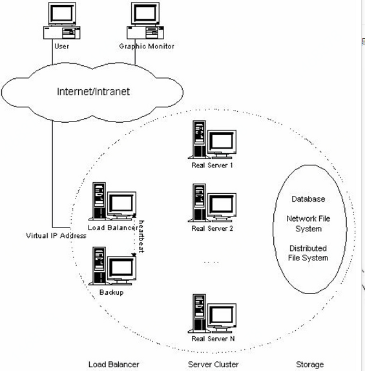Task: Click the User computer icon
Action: point(62,21)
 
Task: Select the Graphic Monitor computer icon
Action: point(145,21)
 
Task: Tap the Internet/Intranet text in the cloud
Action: point(93,92)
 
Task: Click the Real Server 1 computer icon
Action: point(212,140)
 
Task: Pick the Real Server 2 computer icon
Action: point(212,203)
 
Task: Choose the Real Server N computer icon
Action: point(212,313)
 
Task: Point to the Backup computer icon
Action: point(112,266)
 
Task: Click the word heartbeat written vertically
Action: point(141,237)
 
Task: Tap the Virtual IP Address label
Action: point(56,236)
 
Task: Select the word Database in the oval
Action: point(308,199)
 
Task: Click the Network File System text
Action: point(308,224)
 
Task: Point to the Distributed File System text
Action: point(308,253)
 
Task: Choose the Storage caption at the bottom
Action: point(310,365)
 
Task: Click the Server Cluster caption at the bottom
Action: point(213,365)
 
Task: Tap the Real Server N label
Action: point(213,339)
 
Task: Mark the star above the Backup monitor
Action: point(134,255)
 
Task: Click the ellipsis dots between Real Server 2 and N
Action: point(211,262)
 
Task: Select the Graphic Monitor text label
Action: point(147,46)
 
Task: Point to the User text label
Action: point(62,46)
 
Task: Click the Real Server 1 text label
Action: point(212,165)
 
